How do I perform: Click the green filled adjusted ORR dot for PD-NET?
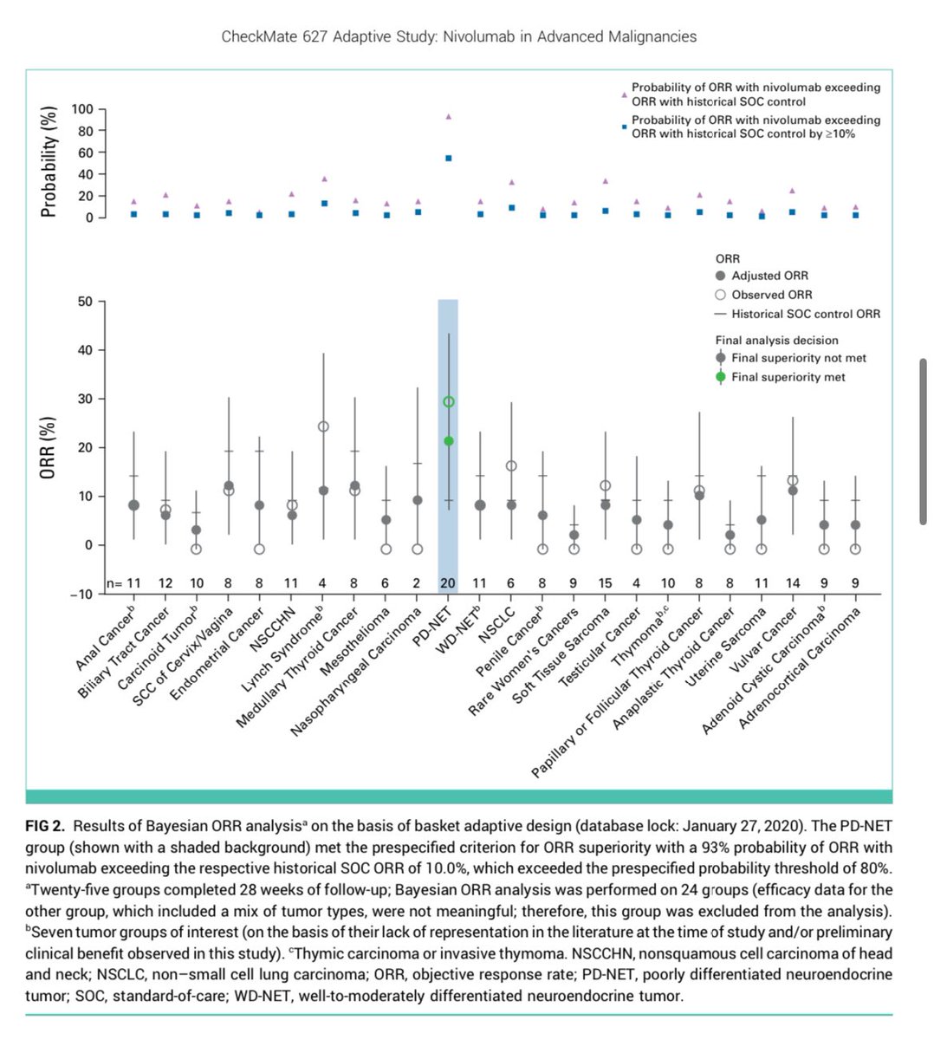(449, 441)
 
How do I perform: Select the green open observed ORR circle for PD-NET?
(449, 401)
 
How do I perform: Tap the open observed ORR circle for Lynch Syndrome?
(323, 426)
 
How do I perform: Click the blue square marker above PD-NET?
(449, 158)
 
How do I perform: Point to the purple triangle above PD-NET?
(449, 117)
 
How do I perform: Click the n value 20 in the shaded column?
(447, 583)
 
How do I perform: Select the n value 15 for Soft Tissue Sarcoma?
(605, 583)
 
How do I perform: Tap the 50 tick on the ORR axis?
(86, 302)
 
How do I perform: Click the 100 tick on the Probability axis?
(82, 109)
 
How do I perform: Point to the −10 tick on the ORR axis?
(81, 595)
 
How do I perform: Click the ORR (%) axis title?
(47, 447)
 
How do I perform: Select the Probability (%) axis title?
(48, 162)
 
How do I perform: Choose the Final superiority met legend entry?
(780, 377)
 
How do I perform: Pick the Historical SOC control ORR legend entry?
(797, 314)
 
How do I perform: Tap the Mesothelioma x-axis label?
(355, 641)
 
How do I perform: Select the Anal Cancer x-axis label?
(105, 638)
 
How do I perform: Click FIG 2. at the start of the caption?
(45, 826)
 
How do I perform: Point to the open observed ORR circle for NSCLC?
(511, 465)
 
